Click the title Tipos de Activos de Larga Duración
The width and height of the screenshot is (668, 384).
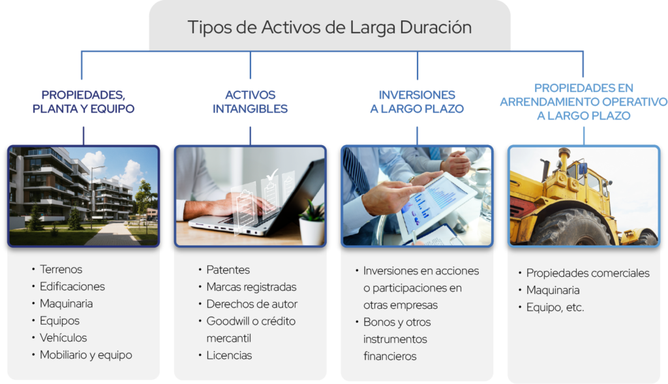pyautogui.click(x=329, y=27)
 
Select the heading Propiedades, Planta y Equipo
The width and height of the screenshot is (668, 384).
pyautogui.click(x=83, y=102)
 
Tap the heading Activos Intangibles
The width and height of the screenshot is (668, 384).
pyautogui.click(x=250, y=102)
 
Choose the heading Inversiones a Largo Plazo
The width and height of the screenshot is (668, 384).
pyautogui.click(x=417, y=102)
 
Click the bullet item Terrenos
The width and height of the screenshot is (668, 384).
pyautogui.click(x=61, y=269)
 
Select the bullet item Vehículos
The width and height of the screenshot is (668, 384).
pyautogui.click(x=63, y=338)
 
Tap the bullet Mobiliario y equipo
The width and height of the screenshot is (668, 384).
pyautogui.click(x=85, y=355)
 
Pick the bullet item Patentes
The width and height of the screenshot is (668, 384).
pyautogui.click(x=228, y=270)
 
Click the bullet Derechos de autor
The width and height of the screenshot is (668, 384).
pyautogui.click(x=252, y=304)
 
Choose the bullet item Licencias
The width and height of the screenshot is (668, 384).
pyautogui.click(x=229, y=355)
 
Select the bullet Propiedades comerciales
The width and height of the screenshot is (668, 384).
pyautogui.click(x=588, y=273)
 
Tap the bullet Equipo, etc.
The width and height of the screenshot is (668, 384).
pyautogui.click(x=555, y=307)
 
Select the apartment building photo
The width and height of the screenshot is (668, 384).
pyautogui.click(x=83, y=195)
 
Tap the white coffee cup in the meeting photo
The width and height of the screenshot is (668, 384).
pyautogui.click(x=481, y=175)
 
